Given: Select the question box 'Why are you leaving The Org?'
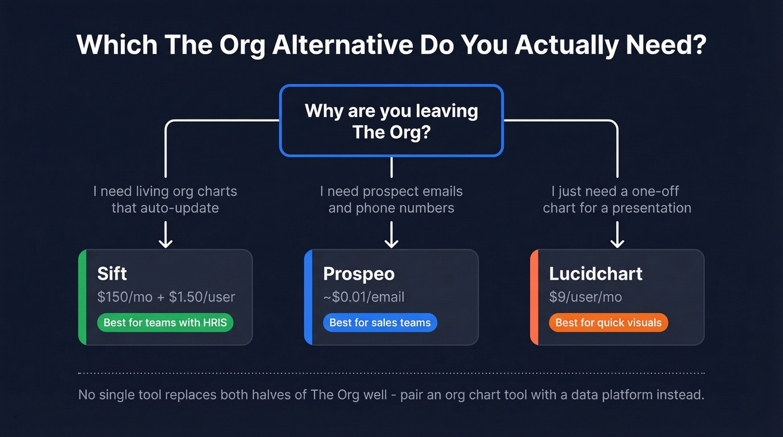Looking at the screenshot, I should point(391,120).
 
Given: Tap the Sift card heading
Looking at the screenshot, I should point(112,274).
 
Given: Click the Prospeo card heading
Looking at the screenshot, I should point(359,274).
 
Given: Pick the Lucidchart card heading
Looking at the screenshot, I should point(596,274).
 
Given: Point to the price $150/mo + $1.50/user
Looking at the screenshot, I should point(166,297).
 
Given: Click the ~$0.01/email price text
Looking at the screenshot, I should point(364,297).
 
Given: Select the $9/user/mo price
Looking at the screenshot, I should point(585,297).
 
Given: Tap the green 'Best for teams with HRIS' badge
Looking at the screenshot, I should point(165,323).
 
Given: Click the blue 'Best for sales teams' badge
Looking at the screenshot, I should point(380,323).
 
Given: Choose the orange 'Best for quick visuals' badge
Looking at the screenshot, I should point(608,323).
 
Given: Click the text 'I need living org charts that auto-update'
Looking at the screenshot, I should point(166,200).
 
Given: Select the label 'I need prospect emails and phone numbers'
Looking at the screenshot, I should point(391,200).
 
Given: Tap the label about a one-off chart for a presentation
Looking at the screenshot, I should point(617,200).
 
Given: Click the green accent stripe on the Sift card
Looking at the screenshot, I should point(82,297).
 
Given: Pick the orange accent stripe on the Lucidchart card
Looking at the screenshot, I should point(534,297).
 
